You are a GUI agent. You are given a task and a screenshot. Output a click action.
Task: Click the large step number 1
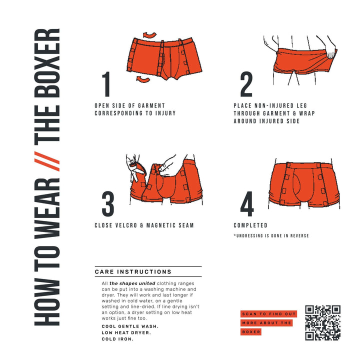(106, 84)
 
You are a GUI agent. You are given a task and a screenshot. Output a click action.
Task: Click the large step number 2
(246, 84)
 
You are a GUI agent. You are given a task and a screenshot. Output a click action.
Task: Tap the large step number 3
(107, 204)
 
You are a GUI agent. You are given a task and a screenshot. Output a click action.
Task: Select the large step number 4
(247, 204)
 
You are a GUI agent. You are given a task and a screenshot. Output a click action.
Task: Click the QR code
(323, 322)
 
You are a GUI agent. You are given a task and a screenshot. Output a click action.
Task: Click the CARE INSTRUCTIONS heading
(133, 272)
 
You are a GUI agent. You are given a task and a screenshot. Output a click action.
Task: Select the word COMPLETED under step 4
(250, 225)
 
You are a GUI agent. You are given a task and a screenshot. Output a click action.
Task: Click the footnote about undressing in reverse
(271, 235)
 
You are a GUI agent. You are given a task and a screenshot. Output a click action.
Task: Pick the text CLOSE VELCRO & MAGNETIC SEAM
(144, 225)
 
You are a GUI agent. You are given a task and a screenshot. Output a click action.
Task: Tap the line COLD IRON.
(117, 338)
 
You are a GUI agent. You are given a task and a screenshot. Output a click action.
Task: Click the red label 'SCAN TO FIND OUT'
(268, 314)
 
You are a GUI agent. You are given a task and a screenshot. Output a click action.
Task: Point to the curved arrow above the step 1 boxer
(148, 34)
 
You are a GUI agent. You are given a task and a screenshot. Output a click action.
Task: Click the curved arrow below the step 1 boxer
(143, 79)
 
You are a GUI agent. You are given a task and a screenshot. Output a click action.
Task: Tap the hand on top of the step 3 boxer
(167, 162)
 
